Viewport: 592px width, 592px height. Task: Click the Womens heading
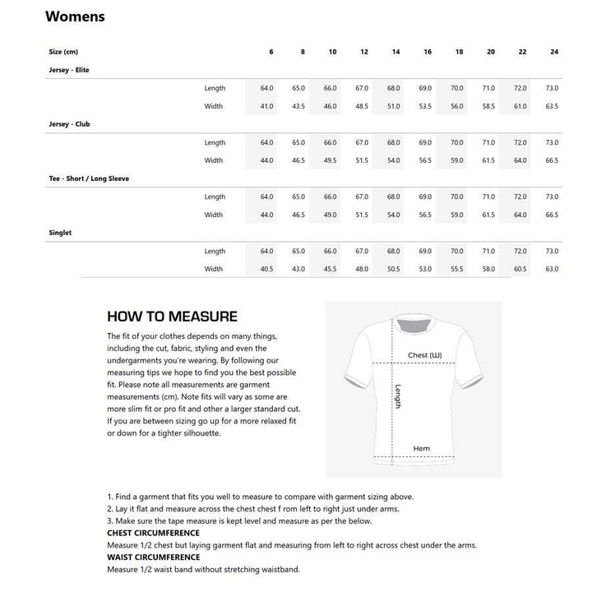(75, 16)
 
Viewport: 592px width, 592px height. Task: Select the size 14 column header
(395, 52)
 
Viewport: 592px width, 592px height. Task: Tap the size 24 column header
(554, 52)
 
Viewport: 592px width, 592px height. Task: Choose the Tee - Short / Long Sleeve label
(88, 178)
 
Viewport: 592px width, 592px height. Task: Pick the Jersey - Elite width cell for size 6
(266, 106)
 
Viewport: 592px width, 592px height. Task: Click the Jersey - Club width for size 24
(552, 160)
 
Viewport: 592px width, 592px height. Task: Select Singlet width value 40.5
(266, 269)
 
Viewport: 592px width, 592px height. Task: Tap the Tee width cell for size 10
(331, 215)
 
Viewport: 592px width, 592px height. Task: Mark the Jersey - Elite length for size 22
(520, 88)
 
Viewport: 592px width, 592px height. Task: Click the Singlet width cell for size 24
(552, 269)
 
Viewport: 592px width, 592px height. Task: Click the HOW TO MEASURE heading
(173, 317)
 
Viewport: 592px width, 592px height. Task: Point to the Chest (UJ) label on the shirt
(425, 356)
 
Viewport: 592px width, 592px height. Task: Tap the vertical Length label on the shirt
(398, 398)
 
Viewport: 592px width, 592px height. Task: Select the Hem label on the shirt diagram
(422, 449)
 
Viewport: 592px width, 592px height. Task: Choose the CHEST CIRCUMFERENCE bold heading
(153, 533)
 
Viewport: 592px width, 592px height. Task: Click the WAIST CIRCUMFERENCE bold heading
(153, 557)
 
